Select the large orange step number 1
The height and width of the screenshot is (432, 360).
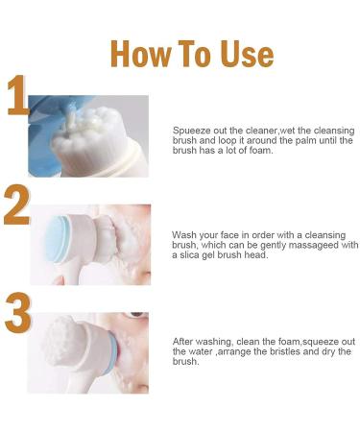click(17, 95)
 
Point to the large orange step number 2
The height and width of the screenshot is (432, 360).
click(17, 204)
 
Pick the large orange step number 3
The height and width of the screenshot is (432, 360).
click(18, 312)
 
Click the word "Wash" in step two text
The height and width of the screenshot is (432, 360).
click(183, 235)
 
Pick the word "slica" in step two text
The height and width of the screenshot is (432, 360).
click(188, 255)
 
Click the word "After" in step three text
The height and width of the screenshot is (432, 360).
click(183, 342)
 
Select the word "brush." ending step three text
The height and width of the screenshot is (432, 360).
click(185, 361)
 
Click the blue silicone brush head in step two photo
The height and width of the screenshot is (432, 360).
click(57, 239)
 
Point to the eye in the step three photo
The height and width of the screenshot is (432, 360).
click(136, 315)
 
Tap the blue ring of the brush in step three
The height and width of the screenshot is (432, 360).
click(111, 352)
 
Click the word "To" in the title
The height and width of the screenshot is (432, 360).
click(194, 54)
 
